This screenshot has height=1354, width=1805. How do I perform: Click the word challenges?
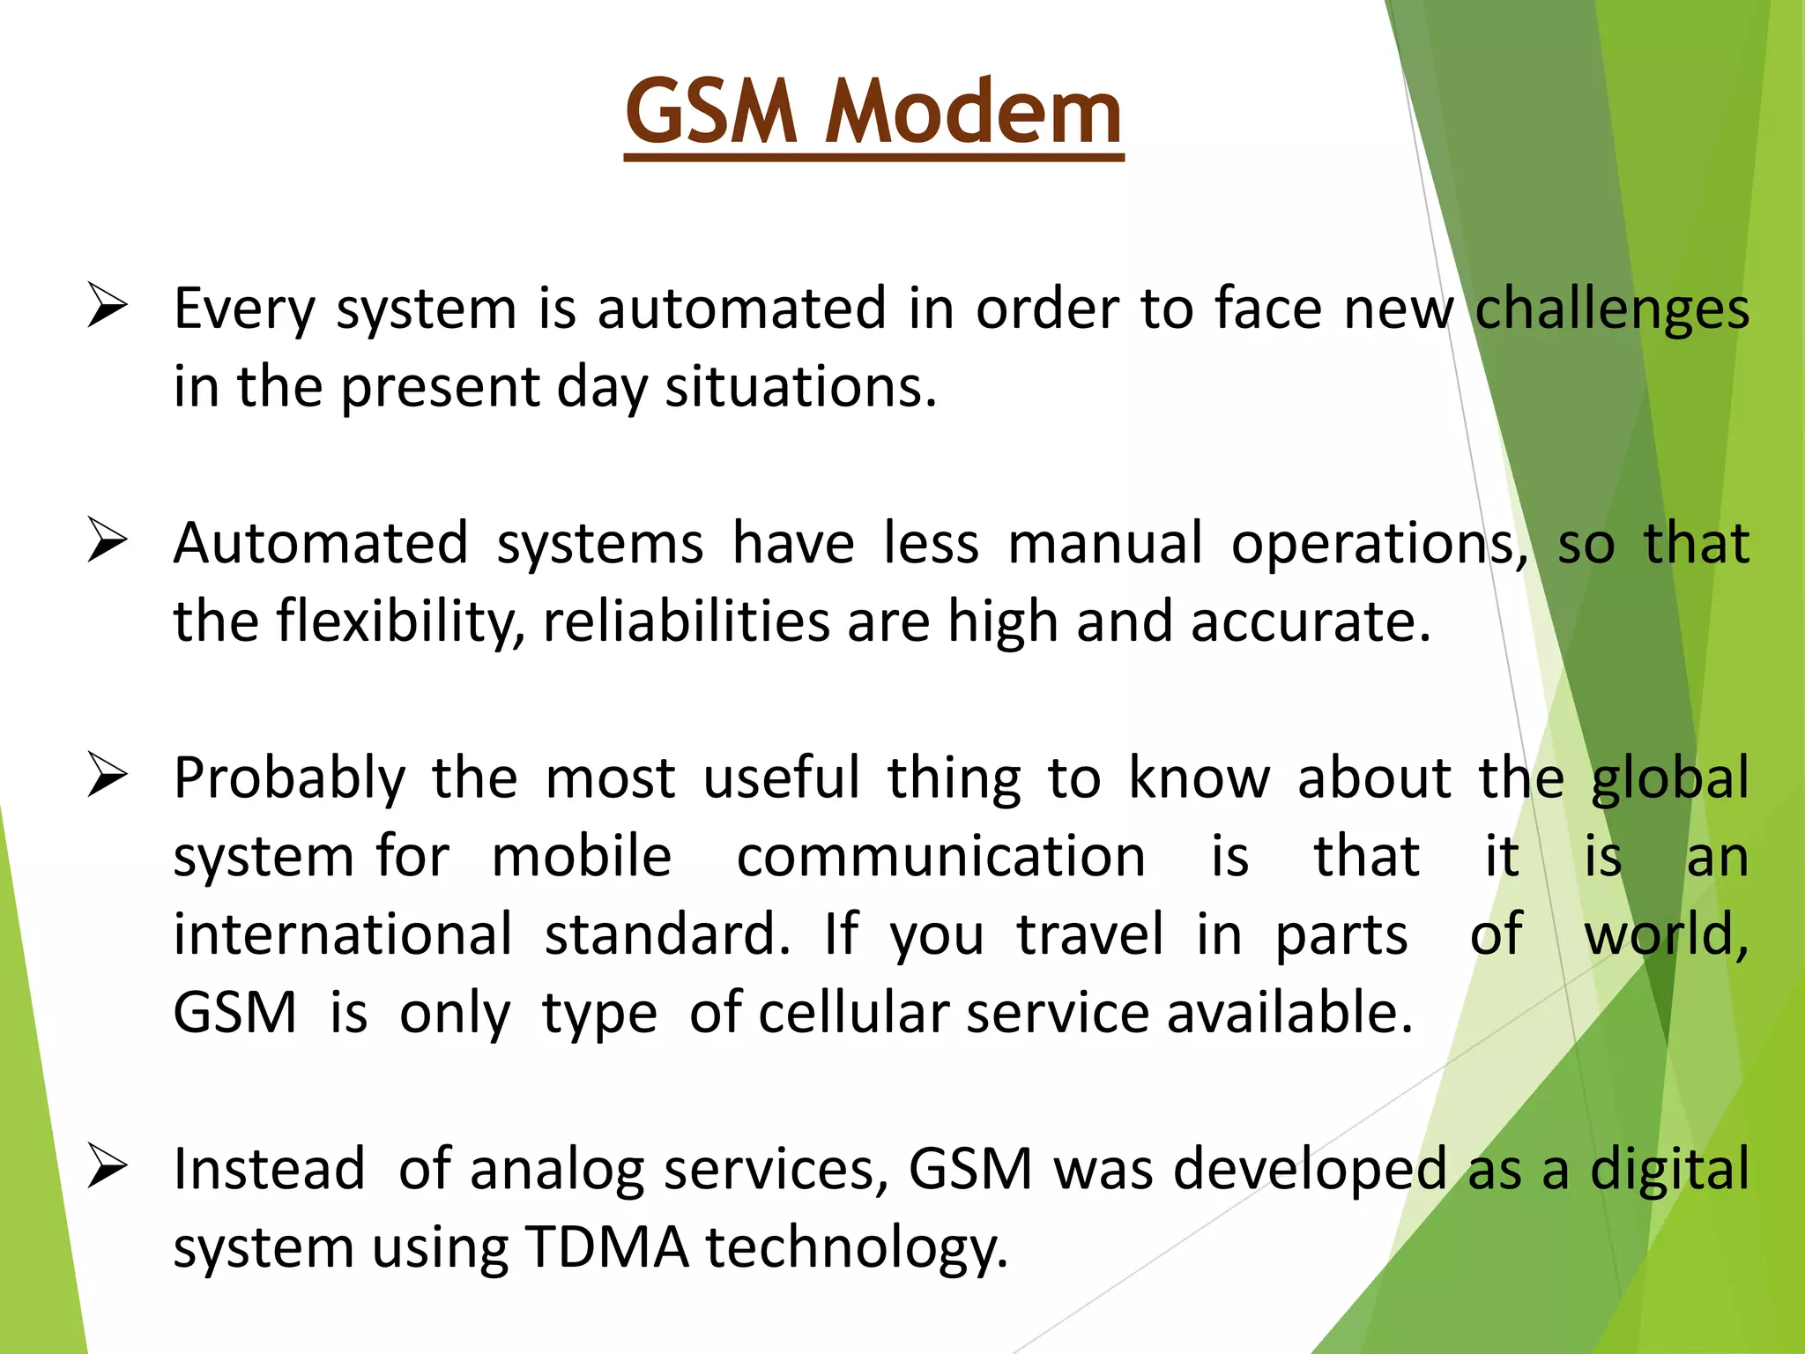click(1612, 310)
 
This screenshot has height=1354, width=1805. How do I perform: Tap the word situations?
click(800, 387)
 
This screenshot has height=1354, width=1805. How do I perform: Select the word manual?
click(1105, 543)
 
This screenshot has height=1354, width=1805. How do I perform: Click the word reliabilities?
click(686, 621)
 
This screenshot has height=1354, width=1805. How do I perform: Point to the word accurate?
click(1311, 622)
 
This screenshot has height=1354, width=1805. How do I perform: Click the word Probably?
click(289, 779)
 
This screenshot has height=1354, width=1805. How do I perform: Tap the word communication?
click(941, 857)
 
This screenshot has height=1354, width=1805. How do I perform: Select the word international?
click(342, 934)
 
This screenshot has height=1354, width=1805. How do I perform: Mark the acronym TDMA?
click(607, 1248)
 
